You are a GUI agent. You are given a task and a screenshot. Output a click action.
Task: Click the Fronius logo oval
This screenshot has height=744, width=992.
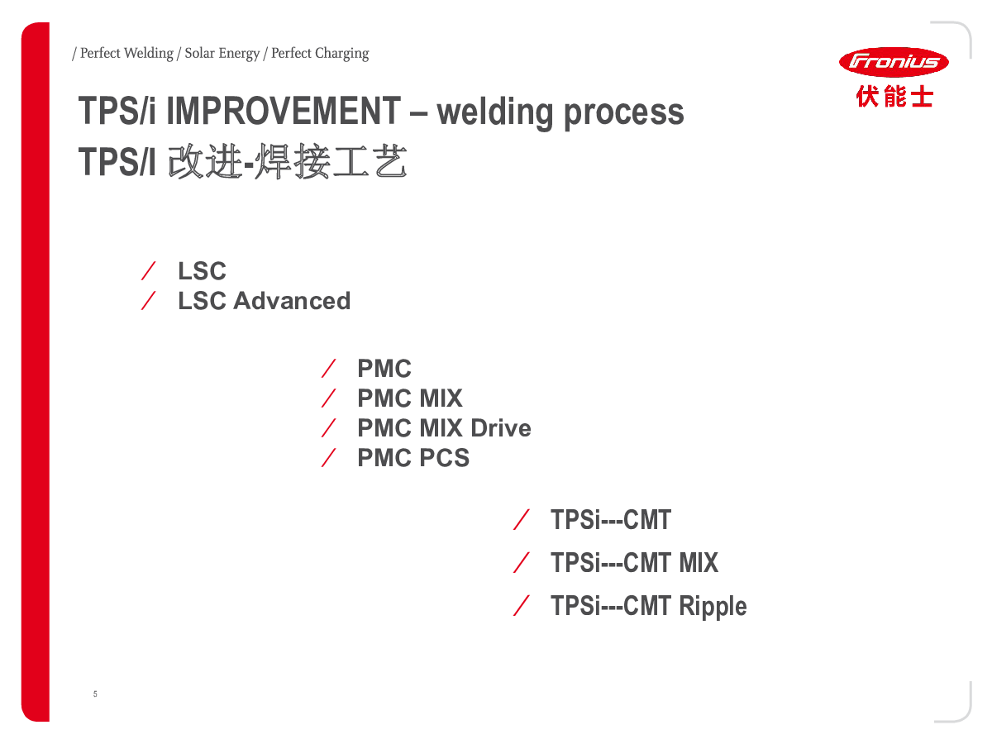click(894, 61)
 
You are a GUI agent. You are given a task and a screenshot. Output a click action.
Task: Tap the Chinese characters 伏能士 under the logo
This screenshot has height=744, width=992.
click(894, 97)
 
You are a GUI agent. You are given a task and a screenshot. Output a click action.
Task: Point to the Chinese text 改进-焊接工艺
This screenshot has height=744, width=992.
click(287, 162)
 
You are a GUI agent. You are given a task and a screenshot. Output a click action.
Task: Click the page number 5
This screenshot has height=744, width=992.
click(95, 694)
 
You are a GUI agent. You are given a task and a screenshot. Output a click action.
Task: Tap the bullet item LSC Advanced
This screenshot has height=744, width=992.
click(264, 301)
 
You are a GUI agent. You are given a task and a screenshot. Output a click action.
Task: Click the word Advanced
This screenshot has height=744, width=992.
click(292, 301)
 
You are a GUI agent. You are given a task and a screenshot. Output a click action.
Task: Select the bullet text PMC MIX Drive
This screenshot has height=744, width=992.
click(444, 428)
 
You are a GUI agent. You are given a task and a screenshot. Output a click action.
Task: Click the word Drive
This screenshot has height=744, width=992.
click(501, 428)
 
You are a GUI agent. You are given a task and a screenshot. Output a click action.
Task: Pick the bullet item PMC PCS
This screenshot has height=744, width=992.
click(413, 458)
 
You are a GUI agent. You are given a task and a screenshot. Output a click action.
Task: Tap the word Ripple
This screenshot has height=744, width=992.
click(713, 606)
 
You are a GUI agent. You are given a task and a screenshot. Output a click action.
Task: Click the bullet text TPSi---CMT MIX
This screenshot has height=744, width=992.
click(634, 563)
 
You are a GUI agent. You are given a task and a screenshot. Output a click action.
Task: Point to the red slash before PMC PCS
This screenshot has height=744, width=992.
click(329, 457)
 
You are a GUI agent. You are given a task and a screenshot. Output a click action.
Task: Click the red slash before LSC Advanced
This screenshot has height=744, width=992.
click(150, 301)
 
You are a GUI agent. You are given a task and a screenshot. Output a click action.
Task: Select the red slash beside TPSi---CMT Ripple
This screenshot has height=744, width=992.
click(522, 606)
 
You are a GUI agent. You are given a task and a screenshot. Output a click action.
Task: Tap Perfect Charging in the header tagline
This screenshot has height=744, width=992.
click(320, 54)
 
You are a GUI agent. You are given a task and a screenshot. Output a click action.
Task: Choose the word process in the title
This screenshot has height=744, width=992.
click(624, 112)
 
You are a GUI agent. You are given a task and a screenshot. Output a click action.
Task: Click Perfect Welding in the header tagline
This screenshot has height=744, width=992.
click(126, 54)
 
